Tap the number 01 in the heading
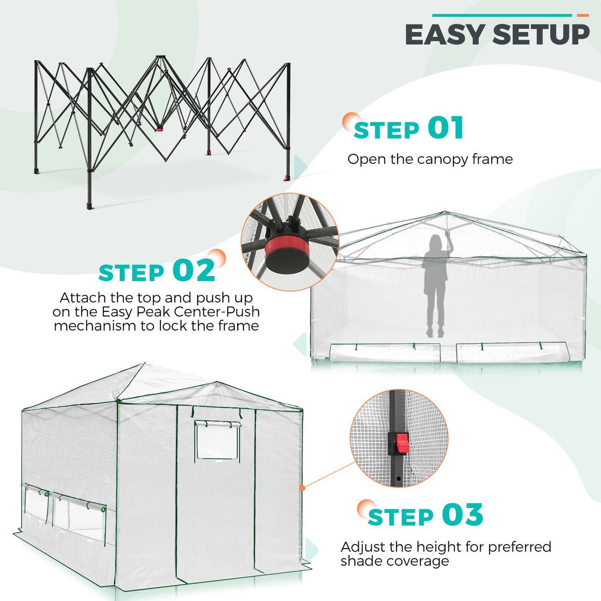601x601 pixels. pos(446,128)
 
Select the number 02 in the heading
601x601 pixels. pos(194,271)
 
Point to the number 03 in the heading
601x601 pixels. pos(462,515)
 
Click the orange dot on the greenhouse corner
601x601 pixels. pos(302,488)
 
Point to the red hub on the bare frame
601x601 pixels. pos(159,129)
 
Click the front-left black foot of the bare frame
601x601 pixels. pos(90,205)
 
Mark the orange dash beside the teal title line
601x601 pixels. pos(583,15)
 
